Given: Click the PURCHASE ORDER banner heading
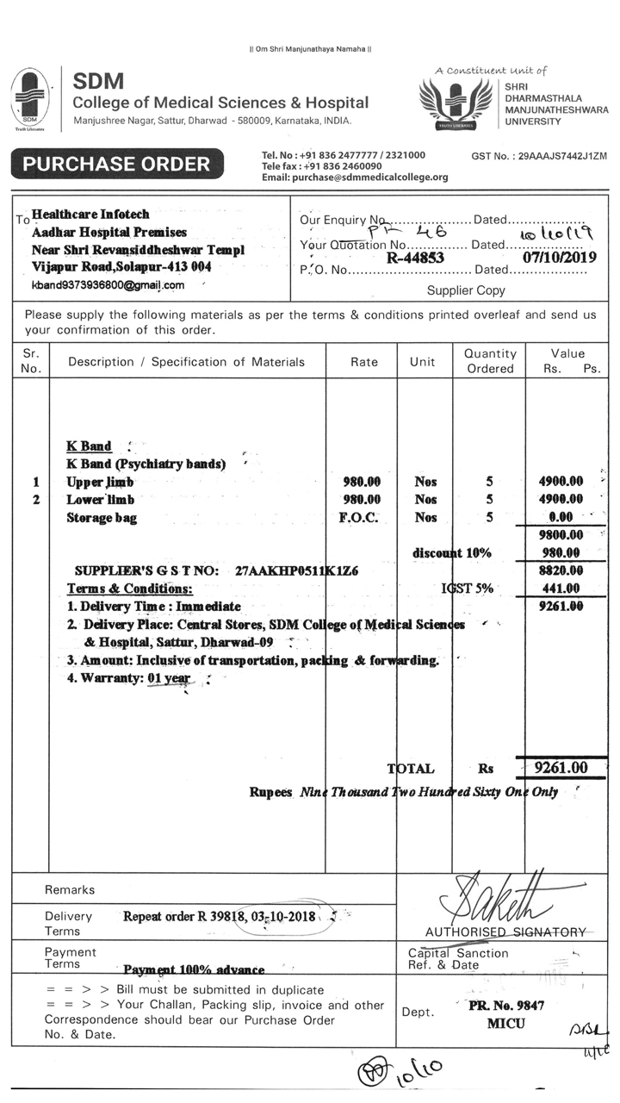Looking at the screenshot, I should [116, 164].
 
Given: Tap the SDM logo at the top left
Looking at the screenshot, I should [30, 99].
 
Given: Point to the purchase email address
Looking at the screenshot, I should [355, 178].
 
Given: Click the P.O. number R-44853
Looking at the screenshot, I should [415, 257].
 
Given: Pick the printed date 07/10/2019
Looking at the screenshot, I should [559, 257].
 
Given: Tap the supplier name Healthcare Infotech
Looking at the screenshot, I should [90, 214].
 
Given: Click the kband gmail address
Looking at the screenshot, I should [108, 284].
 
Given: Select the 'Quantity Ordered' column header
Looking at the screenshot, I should [490, 361].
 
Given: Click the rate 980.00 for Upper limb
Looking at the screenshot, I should [362, 482].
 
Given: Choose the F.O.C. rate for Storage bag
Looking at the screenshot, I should [362, 518].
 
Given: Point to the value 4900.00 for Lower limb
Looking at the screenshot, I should [560, 500].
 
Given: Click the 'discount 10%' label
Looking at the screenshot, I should [451, 552].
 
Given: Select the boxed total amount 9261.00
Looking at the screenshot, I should [561, 768].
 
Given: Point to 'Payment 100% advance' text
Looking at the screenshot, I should [194, 969].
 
